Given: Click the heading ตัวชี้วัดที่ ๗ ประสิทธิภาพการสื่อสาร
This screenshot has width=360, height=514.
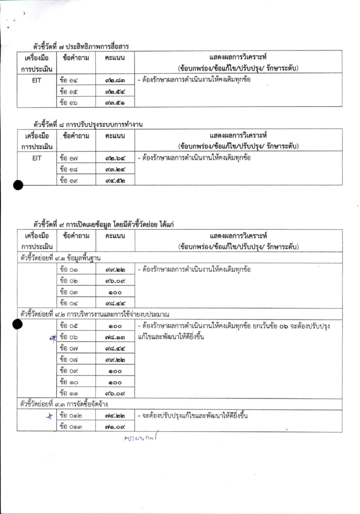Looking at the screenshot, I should (81, 46).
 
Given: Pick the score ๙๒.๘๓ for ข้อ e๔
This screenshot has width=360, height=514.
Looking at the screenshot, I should (114, 80).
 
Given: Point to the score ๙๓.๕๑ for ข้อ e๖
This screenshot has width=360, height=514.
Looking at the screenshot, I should (114, 103).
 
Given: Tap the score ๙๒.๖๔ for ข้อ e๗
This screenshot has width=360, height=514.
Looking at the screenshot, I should (114, 158).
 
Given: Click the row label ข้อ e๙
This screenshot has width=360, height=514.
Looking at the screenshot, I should (69, 180).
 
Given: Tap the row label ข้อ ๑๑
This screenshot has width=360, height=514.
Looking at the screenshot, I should (69, 393).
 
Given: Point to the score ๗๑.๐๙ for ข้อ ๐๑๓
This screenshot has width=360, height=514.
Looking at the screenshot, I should (114, 426).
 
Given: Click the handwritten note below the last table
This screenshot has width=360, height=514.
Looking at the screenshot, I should (142, 438).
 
